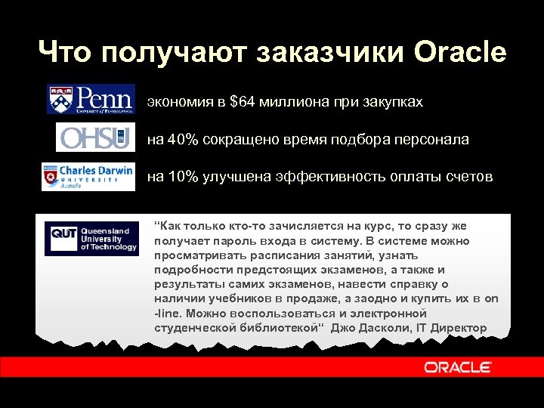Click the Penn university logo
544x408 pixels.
point(91,99)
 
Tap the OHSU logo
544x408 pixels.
point(94,138)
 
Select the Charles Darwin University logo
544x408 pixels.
point(88,177)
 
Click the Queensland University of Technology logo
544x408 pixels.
point(91,238)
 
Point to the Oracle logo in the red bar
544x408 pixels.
point(458,367)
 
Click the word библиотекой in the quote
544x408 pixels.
point(274,328)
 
